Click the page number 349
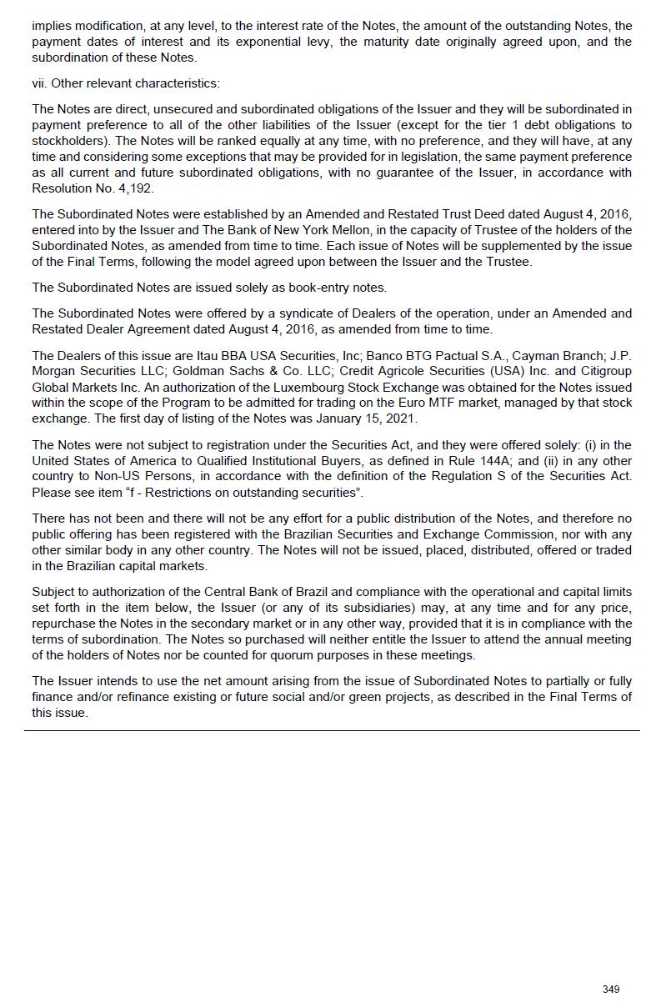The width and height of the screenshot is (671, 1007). pyautogui.click(x=611, y=989)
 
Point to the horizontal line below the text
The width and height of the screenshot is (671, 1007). pyautogui.click(x=332, y=730)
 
